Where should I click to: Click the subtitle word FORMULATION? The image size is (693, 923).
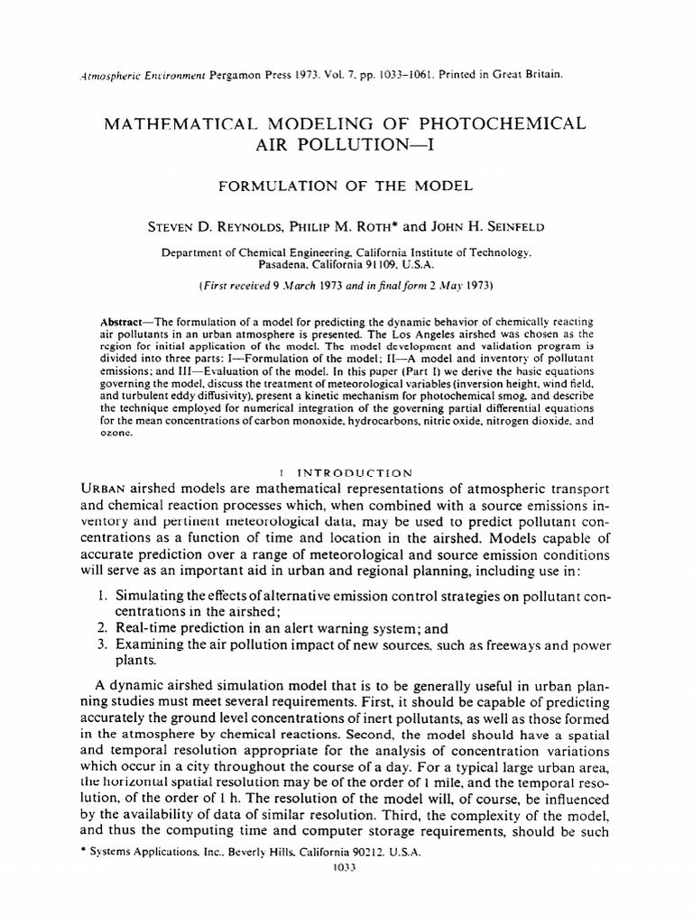click(269, 186)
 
